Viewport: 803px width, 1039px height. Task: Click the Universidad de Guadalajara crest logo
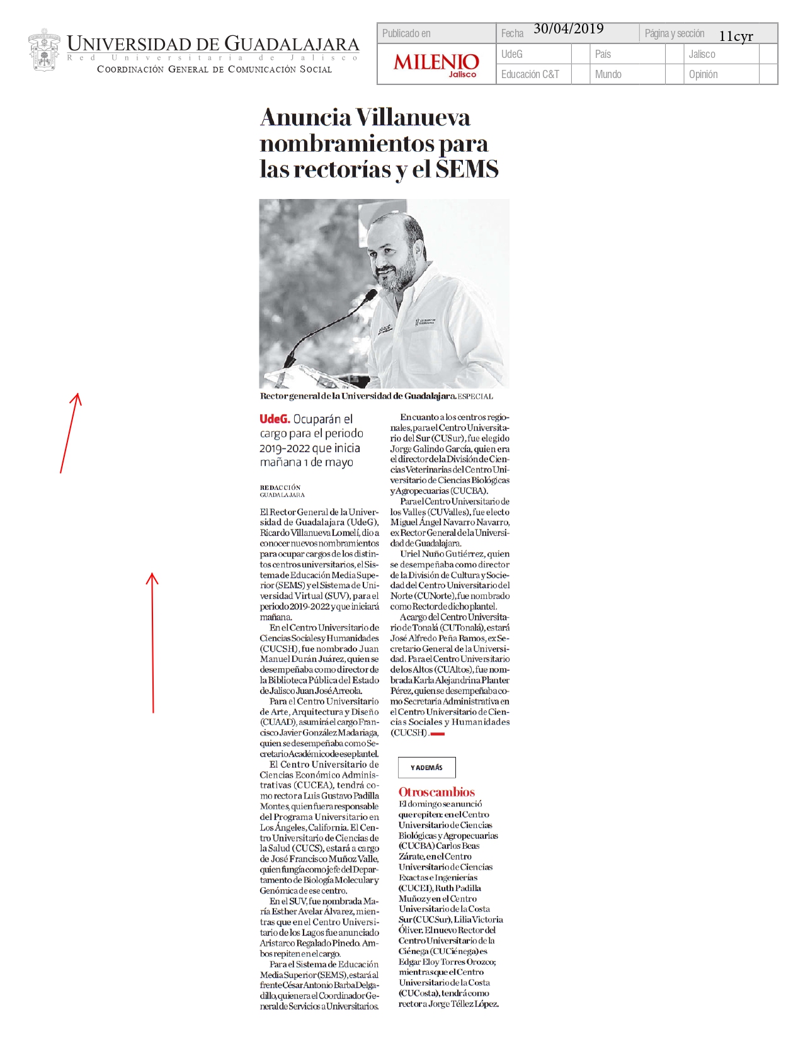[x=43, y=50]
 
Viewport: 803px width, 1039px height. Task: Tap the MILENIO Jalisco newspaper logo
[x=436, y=64]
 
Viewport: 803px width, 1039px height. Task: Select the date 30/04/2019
[x=568, y=29]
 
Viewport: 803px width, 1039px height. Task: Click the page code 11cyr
[x=736, y=37]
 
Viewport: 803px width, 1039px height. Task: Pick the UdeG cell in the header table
[x=512, y=54]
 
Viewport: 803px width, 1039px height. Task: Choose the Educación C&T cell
[x=530, y=74]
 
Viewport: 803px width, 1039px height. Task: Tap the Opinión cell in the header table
[x=703, y=74]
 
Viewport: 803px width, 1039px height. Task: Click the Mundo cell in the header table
[x=608, y=74]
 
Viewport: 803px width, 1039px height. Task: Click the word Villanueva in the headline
[x=413, y=118]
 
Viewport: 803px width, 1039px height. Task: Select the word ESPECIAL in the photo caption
[x=476, y=397]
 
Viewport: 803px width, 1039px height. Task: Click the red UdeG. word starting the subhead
[x=275, y=419]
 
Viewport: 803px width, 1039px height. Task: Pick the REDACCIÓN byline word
[x=280, y=487]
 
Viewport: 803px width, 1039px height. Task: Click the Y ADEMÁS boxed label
[x=426, y=768]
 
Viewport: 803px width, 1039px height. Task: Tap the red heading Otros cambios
[x=436, y=792]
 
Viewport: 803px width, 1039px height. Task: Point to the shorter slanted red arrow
[x=70, y=433]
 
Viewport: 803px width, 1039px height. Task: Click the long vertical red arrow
[x=152, y=642]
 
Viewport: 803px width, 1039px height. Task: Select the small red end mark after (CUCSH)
[x=438, y=734]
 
